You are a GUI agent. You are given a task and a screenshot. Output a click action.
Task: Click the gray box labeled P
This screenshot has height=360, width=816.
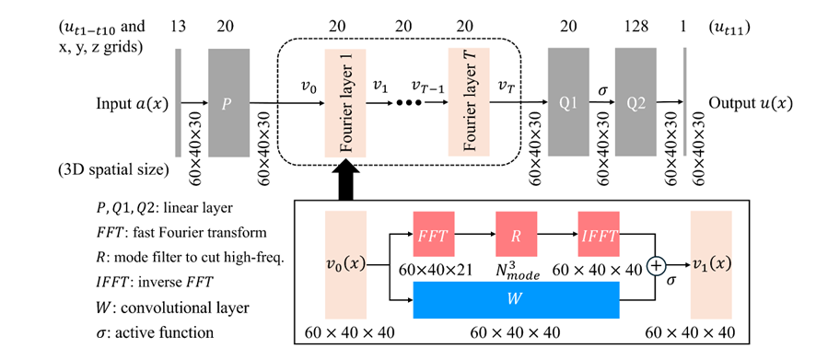(229, 102)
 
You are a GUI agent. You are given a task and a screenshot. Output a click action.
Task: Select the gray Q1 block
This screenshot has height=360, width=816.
(568, 102)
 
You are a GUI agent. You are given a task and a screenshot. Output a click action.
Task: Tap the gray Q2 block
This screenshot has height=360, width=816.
(635, 102)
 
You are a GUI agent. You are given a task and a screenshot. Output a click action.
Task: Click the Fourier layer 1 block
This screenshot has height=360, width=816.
(345, 102)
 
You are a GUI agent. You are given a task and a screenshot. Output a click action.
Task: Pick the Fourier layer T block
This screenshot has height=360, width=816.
(469, 102)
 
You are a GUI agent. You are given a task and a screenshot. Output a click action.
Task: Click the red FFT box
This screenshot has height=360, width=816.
(434, 235)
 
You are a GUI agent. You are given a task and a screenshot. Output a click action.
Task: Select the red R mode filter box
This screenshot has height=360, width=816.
(517, 235)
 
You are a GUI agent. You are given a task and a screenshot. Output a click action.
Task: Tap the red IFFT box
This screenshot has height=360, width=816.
(599, 235)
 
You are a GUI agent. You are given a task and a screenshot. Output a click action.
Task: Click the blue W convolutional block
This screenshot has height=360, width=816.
(517, 299)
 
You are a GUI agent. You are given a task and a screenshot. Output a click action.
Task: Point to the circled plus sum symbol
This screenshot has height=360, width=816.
(657, 266)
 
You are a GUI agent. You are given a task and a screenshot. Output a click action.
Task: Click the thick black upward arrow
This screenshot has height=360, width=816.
(345, 180)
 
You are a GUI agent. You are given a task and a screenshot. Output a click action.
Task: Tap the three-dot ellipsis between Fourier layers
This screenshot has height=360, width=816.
(409, 103)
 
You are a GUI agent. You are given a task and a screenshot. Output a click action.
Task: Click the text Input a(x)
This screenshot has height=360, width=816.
(133, 103)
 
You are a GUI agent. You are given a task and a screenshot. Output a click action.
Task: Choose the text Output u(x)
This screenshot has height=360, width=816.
(751, 103)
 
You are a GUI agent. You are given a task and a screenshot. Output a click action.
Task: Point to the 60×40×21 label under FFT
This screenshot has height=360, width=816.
(434, 270)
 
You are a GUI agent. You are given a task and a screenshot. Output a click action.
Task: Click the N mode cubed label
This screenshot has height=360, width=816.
(517, 271)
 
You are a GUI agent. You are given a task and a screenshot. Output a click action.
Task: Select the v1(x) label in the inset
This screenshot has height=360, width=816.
(711, 265)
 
